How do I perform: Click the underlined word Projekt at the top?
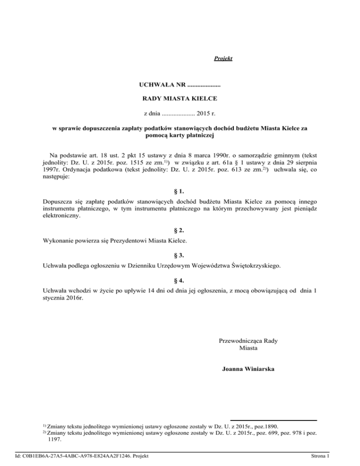223,59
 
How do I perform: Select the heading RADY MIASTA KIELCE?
180,99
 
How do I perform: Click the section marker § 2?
180,230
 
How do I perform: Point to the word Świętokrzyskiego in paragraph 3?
256,266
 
